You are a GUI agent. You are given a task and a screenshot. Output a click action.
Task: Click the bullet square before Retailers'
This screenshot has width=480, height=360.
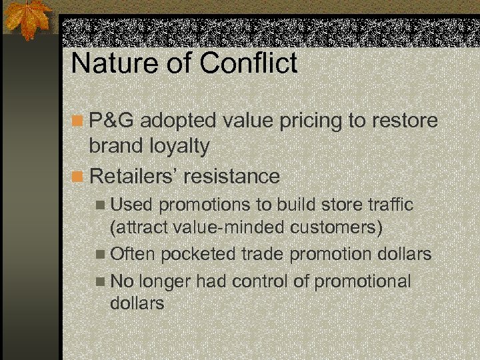click(78, 177)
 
